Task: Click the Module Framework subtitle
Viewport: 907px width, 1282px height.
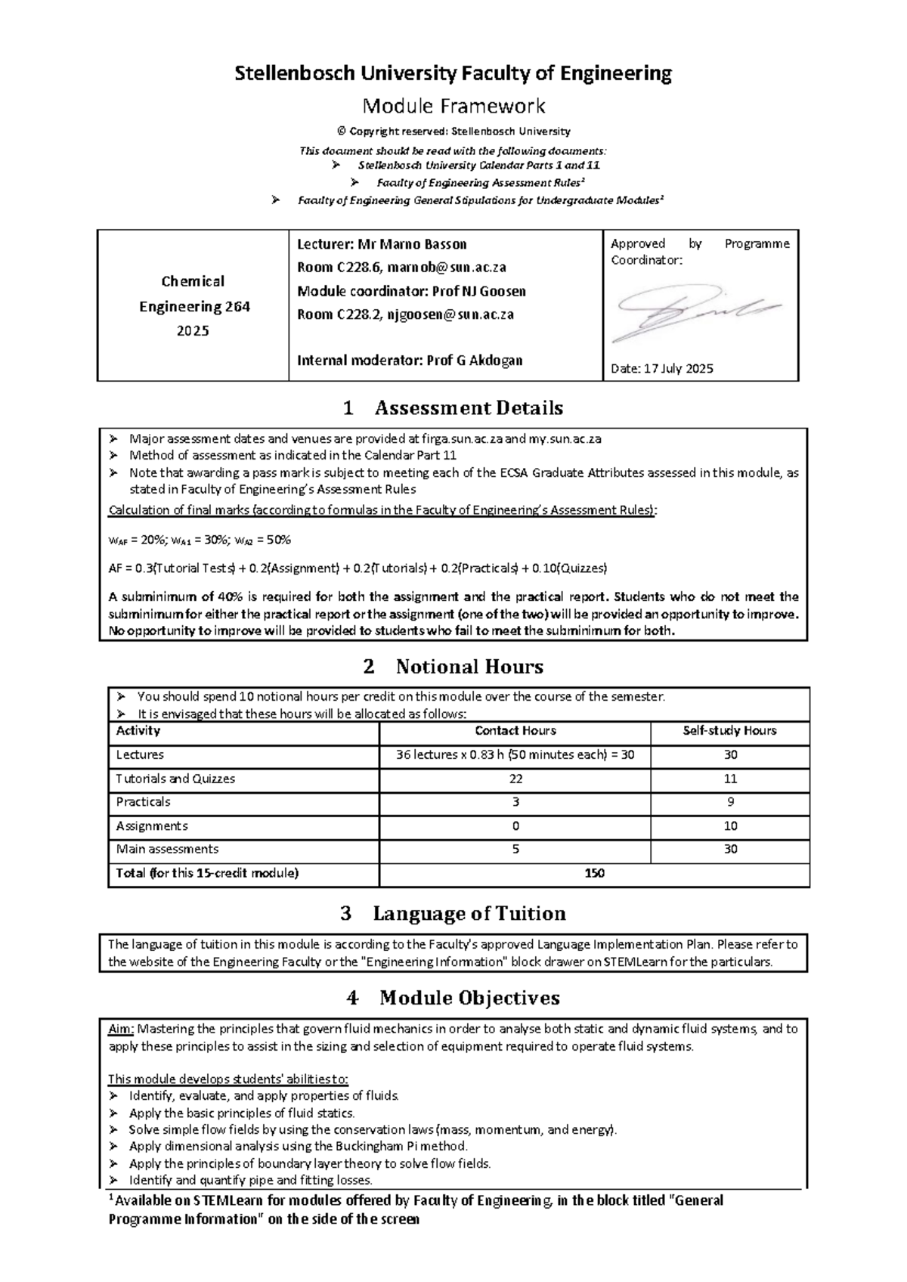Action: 453,106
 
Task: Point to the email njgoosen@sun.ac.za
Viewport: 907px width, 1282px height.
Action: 450,314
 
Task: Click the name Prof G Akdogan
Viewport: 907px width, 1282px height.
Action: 475,361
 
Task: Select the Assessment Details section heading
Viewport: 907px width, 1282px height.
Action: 453,408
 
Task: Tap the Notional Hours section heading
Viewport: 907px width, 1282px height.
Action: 453,667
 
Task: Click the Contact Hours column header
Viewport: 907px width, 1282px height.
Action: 515,731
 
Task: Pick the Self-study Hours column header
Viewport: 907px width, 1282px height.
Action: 729,731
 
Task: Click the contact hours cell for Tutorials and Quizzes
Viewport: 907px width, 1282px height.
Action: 515,779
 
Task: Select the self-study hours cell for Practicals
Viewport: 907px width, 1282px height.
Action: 729,802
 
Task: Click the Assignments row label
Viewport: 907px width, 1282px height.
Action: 152,826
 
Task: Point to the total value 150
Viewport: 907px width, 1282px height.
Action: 594,873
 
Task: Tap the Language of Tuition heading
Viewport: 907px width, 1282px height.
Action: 453,914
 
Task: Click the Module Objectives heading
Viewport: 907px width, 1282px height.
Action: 453,998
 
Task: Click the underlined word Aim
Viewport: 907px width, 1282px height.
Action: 121,1029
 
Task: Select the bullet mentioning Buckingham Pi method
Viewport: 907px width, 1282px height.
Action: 299,1147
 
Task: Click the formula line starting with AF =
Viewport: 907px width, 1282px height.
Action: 358,568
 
